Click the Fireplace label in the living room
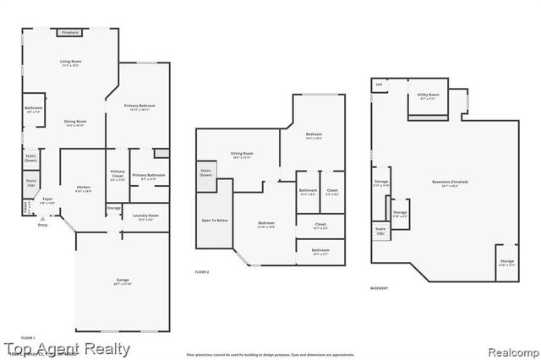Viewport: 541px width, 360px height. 69,32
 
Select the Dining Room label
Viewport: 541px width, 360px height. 76,122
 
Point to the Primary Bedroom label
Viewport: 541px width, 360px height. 137,106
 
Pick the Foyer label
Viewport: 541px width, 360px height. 47,199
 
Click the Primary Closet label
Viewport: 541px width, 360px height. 117,175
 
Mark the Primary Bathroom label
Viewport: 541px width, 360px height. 147,175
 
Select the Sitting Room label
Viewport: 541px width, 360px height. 243,154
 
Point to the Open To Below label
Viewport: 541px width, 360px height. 213,220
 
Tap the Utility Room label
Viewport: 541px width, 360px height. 428,95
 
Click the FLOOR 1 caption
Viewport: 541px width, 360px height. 28,338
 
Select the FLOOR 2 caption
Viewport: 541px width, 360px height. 202,271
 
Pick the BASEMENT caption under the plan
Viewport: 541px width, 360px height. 380,288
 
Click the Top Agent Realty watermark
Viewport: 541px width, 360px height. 66,348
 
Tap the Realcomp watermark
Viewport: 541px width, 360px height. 510,349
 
